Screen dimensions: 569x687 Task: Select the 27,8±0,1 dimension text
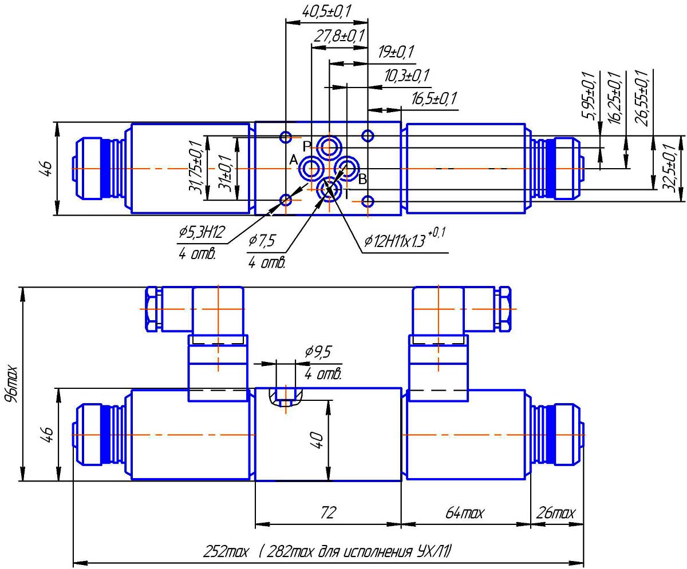pos(339,37)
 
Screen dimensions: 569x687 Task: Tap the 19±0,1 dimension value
pos(396,53)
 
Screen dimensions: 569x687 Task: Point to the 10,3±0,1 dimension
pos(407,76)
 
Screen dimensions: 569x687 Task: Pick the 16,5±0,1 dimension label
pos(433,99)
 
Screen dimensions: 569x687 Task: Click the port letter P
pos(307,145)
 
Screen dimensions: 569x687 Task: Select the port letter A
pos(294,161)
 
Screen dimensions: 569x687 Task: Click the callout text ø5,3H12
pos(202,232)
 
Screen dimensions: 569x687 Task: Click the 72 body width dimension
pos(327,512)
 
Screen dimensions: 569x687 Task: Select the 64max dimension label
pos(465,513)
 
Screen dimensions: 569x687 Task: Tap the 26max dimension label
pos(555,513)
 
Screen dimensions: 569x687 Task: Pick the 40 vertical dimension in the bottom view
pos(318,440)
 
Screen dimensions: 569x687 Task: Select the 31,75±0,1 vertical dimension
pos(201,168)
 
